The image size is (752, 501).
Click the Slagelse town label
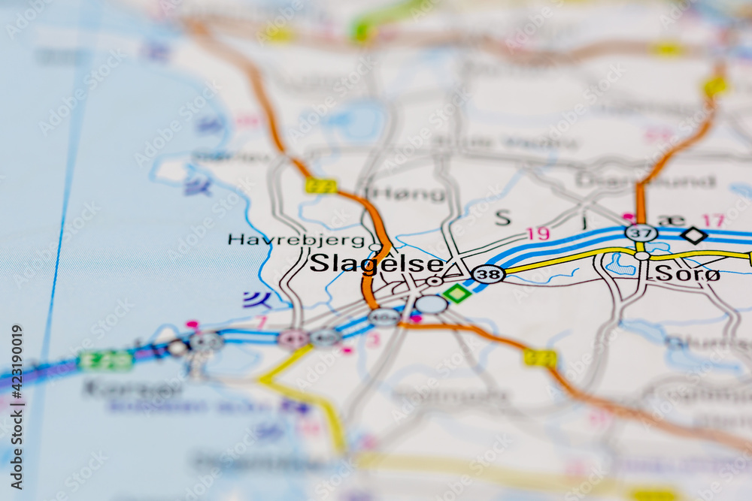point(376,264)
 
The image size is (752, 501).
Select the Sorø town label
point(687,274)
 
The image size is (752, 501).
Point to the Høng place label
point(409,194)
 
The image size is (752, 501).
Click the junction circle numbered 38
point(488,274)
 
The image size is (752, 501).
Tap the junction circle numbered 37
point(641,233)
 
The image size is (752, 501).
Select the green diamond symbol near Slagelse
point(456,294)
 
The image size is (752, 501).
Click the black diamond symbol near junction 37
point(693,236)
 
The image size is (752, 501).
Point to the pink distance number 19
point(538,234)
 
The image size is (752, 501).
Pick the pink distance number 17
point(713,221)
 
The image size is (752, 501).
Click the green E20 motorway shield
point(106,361)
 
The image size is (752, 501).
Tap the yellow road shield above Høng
point(321,186)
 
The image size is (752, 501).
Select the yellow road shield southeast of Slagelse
point(540,358)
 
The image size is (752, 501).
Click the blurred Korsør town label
point(132,388)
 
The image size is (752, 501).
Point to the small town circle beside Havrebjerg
point(375,247)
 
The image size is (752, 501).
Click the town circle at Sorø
point(641,256)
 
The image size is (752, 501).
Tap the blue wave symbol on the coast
point(257,300)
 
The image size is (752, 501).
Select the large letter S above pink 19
point(502,218)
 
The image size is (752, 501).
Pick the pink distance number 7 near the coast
point(262,323)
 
